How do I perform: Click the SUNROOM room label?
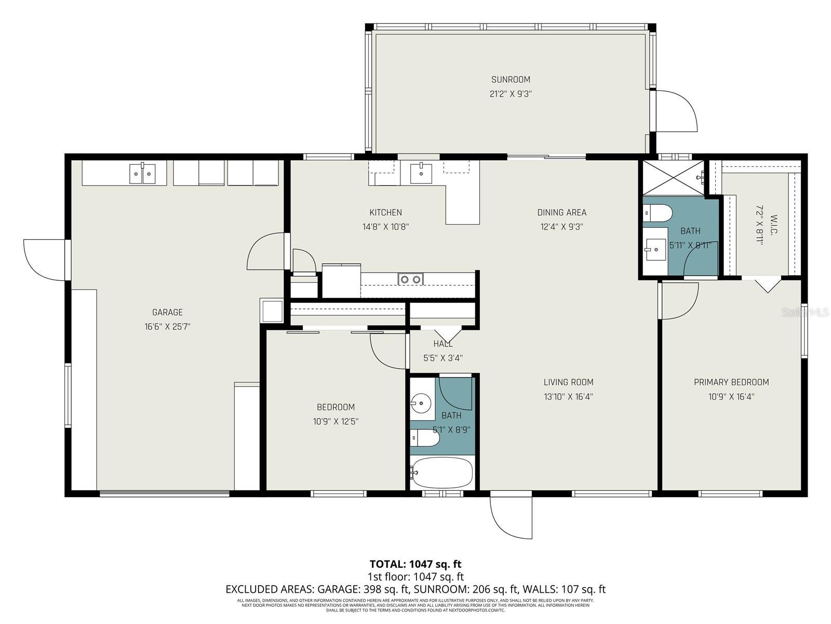coord(511,80)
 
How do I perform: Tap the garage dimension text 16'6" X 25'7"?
coord(167,327)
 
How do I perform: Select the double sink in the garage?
coord(142,173)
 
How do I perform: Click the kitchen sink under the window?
coord(421,173)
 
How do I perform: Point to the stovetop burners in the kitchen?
coord(410,279)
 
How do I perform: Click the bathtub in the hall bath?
coord(442,472)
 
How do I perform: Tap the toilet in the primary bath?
coord(657,212)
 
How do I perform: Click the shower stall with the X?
coord(673,178)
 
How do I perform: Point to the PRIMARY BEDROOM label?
coord(731,382)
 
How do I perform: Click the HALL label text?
coord(443,344)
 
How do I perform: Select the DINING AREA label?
coord(561,212)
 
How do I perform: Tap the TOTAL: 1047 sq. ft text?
coord(415,564)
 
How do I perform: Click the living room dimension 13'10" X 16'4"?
coord(568,397)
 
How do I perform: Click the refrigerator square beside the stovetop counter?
coord(341,281)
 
